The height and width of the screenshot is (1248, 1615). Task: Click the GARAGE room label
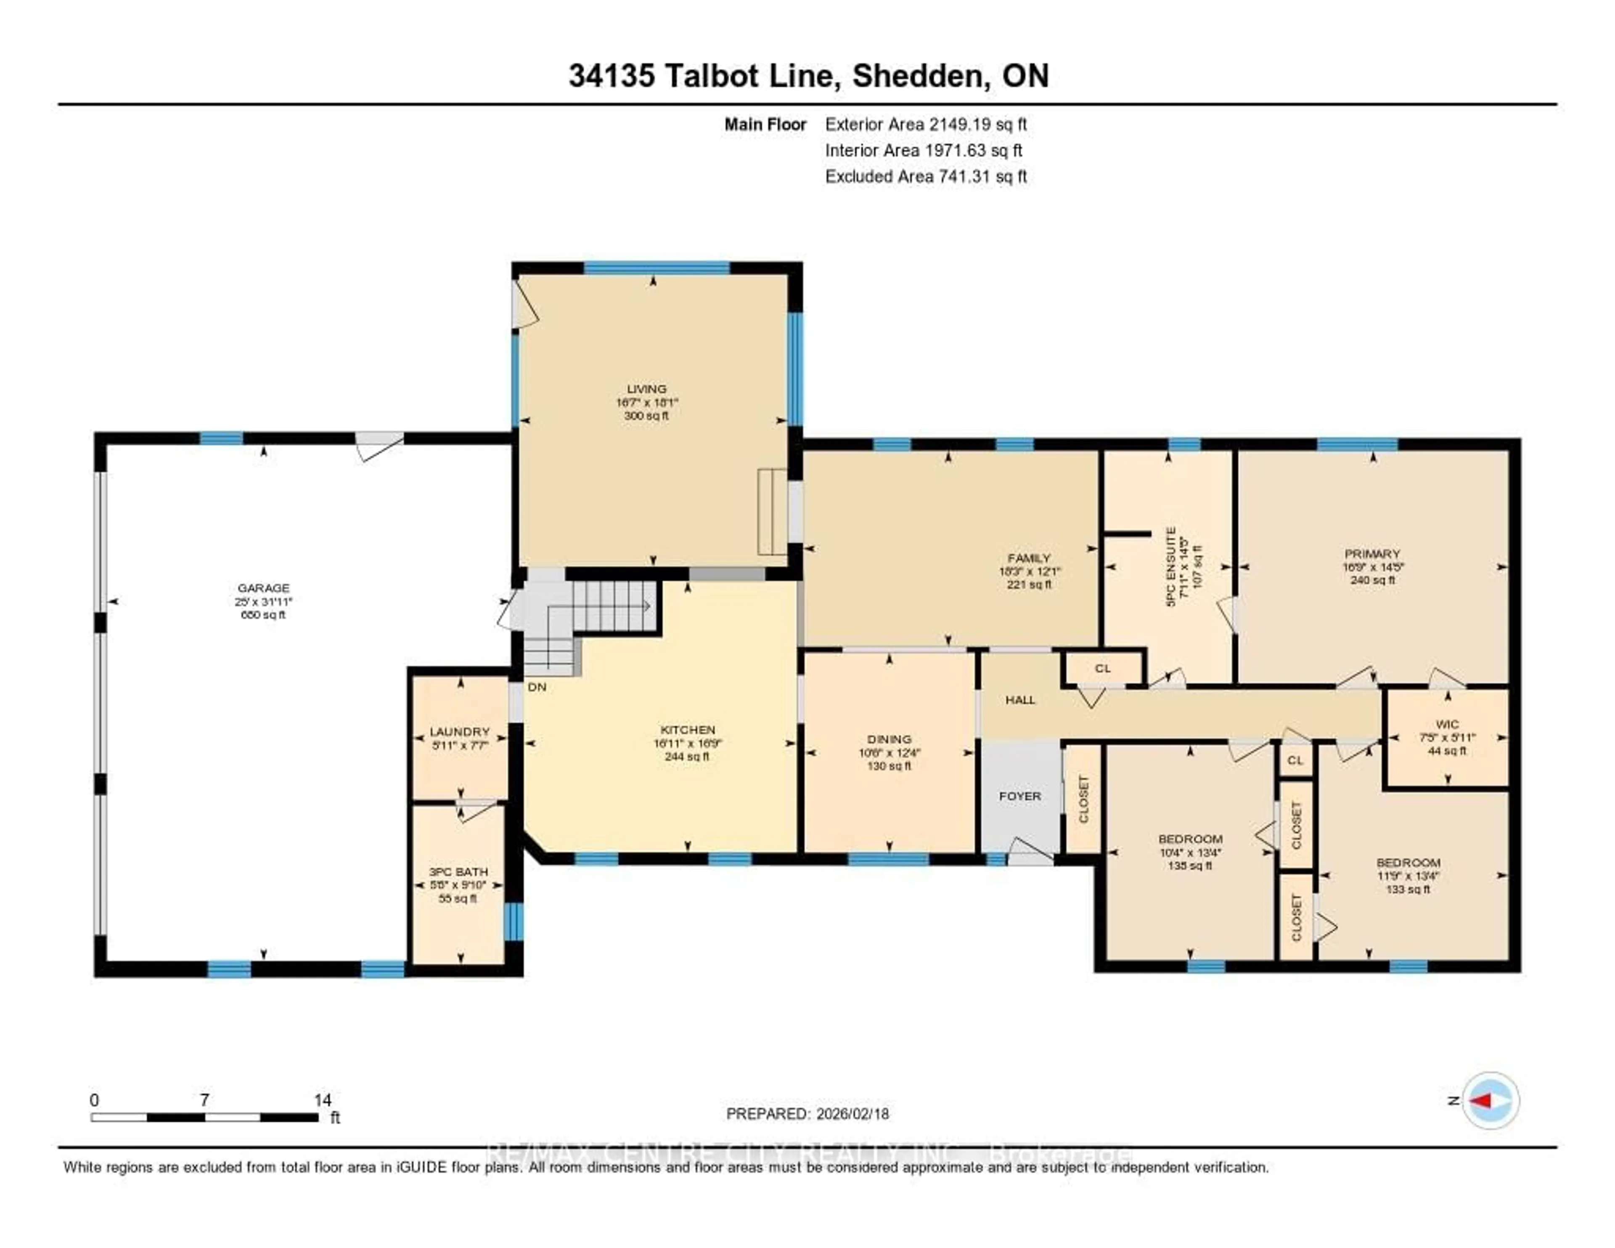click(263, 588)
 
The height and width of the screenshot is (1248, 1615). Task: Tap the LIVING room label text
click(646, 388)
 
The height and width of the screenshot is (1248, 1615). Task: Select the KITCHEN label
click(688, 730)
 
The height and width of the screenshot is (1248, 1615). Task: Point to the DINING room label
click(889, 739)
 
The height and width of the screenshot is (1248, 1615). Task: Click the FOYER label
click(1020, 796)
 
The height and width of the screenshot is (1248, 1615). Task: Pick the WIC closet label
click(1447, 724)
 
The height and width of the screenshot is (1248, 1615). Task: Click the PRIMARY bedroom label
click(1372, 553)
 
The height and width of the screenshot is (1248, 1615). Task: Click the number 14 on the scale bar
click(323, 1100)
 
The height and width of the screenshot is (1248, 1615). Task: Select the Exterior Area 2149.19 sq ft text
click(926, 124)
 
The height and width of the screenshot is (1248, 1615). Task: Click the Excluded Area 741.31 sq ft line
click(926, 176)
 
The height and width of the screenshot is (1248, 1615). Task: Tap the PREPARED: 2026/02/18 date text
click(807, 1113)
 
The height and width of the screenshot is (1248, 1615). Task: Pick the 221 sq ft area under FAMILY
click(1029, 584)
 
